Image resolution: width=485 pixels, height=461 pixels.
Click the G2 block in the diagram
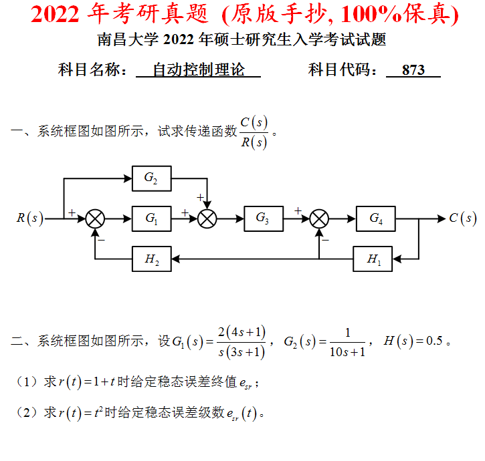pos(151,178)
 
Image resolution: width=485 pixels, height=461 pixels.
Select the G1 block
pos(151,218)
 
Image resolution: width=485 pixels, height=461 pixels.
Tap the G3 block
pos(264,218)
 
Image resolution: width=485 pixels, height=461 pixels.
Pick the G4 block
pos(376,218)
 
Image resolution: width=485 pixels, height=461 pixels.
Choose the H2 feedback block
pos(151,259)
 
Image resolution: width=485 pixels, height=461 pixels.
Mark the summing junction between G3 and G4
pos(320,218)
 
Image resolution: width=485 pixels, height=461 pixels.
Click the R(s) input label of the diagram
pos(30,218)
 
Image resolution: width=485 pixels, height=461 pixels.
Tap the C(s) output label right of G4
pos(462,218)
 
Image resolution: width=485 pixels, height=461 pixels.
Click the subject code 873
pos(413,69)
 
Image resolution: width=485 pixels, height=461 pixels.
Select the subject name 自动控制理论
pos(199,69)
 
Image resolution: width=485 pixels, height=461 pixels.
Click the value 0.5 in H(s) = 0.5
pos(434,341)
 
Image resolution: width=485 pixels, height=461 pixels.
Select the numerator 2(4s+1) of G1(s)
pos(241,331)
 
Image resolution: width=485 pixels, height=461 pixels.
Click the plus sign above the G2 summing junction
pos(199,197)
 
